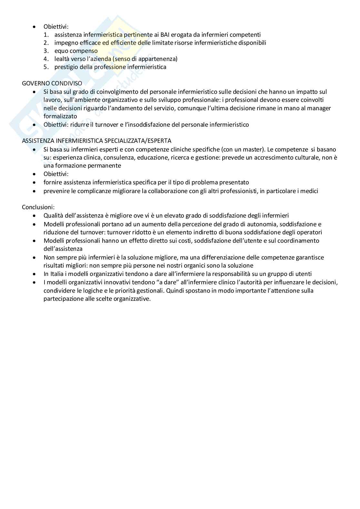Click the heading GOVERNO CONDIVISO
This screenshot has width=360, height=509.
click(x=52, y=83)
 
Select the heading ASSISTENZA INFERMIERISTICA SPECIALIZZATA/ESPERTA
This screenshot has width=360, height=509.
click(x=96, y=141)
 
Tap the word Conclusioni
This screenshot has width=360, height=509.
click(x=38, y=207)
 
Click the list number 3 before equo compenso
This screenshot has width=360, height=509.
click(x=46, y=51)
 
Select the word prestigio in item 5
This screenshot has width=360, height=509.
click(x=66, y=67)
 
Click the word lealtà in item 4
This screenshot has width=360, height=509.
click(x=62, y=59)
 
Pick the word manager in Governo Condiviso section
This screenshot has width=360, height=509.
click(x=320, y=108)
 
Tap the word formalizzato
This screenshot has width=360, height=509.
click(x=60, y=116)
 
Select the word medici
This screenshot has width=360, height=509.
click(x=309, y=191)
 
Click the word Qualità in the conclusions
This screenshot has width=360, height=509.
click(x=53, y=216)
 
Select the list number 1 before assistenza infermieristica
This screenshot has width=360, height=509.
click(x=46, y=35)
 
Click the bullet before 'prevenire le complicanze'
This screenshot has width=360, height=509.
click(x=35, y=191)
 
